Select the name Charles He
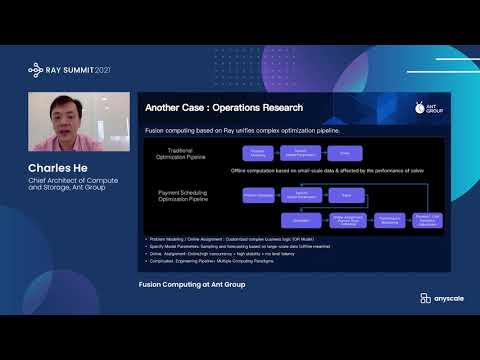(62, 168)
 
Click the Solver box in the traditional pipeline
(345, 153)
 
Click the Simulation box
(301, 218)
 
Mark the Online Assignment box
(345, 219)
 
